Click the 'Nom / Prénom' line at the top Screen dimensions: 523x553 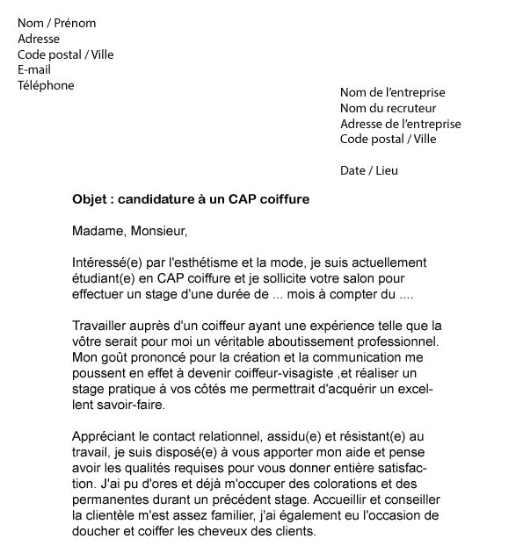tap(57, 23)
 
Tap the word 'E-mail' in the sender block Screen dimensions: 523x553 tap(34, 70)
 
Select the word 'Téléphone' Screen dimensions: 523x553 tap(46, 86)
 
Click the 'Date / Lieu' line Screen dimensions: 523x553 tap(369, 170)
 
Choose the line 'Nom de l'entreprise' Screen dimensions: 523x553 tap(393, 92)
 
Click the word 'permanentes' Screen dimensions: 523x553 tap(111, 499)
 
